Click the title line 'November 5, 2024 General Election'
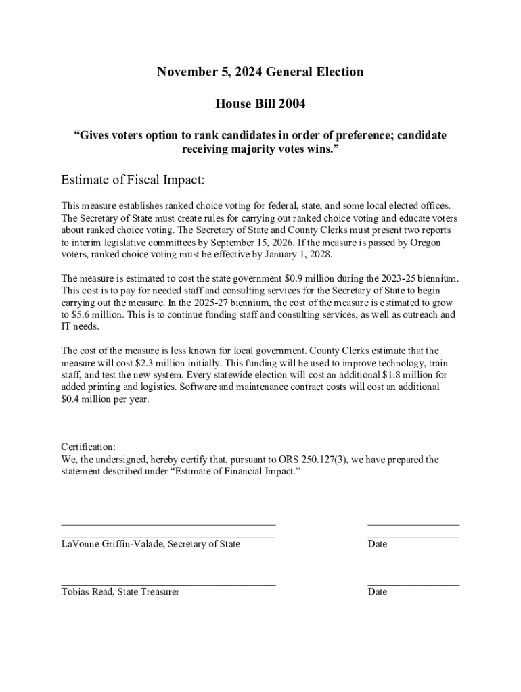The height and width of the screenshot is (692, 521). (x=260, y=72)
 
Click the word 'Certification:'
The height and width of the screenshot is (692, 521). (x=88, y=447)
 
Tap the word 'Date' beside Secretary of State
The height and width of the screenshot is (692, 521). (x=378, y=544)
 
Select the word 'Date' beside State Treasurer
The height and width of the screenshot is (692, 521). (x=378, y=592)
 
